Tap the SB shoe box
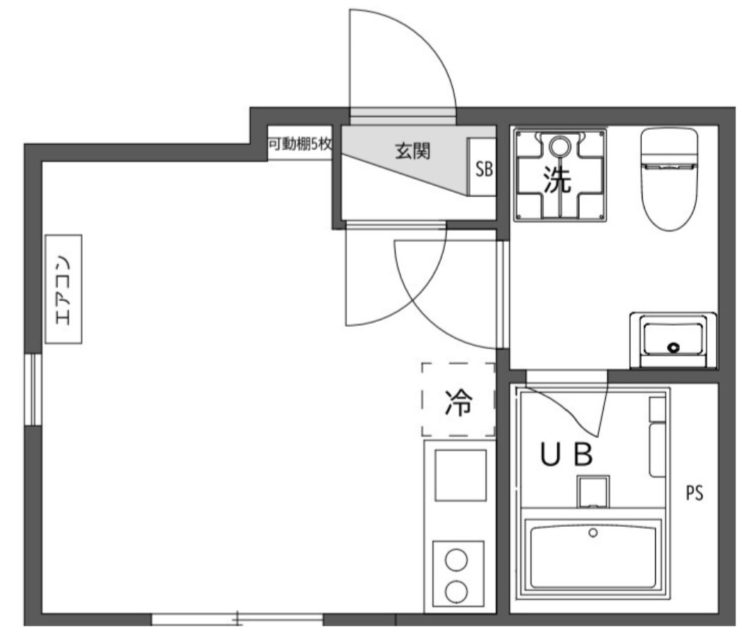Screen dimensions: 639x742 click(484, 169)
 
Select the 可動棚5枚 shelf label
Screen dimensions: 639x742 click(300, 145)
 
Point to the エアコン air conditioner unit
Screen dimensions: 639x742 click(63, 289)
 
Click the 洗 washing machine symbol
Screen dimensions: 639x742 click(559, 176)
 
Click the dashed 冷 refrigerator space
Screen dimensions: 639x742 click(458, 400)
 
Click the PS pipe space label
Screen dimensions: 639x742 click(695, 493)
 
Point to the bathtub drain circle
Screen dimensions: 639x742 click(593, 532)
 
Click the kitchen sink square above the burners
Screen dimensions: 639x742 click(460, 475)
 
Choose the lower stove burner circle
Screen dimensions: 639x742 click(458, 590)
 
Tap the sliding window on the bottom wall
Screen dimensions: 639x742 click(237, 621)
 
